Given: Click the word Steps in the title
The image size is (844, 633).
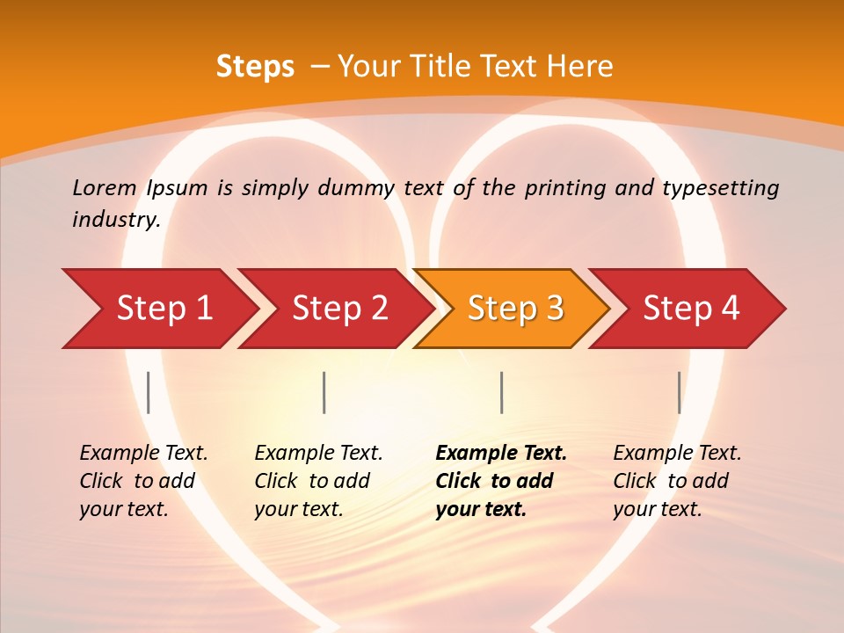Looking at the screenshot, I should tap(255, 66).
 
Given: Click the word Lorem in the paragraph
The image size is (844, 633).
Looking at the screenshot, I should tap(105, 187).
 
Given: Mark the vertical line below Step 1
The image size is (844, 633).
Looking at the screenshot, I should tap(149, 392).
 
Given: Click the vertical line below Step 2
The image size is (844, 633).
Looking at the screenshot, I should tap(324, 392).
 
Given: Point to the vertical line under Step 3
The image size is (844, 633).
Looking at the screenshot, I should tap(501, 392).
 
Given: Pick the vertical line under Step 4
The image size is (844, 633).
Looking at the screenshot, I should tap(679, 392).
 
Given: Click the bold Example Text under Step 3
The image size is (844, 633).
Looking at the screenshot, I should tap(501, 454).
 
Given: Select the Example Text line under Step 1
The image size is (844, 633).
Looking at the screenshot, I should tap(143, 454).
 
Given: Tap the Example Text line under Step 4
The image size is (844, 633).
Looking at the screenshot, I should tap(677, 454).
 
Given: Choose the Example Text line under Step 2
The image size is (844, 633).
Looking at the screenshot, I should tap(318, 454).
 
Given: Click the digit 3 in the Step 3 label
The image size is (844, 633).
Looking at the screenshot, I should tap(554, 308).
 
